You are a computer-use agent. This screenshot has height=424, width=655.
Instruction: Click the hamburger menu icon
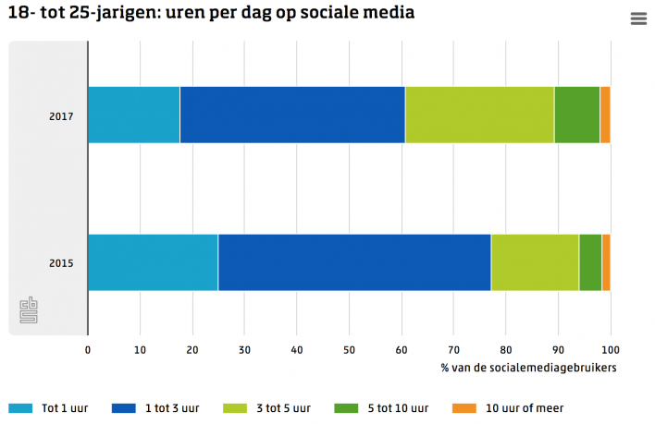click(x=637, y=18)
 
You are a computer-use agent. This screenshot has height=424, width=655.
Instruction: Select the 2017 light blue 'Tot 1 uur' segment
click(x=133, y=115)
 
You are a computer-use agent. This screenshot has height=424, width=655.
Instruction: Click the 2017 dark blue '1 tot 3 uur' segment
click(x=291, y=115)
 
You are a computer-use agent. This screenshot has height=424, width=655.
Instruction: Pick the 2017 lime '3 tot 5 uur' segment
click(x=479, y=115)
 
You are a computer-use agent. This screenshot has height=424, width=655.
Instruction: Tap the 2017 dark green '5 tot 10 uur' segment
click(x=576, y=115)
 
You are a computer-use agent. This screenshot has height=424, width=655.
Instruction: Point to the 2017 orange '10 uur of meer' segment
click(x=605, y=115)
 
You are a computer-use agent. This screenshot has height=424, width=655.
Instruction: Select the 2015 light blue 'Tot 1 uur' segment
click(x=153, y=262)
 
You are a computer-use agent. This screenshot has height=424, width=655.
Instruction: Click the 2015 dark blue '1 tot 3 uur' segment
click(x=354, y=262)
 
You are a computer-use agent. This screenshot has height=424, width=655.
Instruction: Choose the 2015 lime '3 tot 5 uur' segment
click(x=535, y=262)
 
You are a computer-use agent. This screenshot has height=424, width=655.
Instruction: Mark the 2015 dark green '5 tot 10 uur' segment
click(x=590, y=262)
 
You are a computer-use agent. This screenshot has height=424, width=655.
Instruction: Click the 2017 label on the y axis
click(x=61, y=115)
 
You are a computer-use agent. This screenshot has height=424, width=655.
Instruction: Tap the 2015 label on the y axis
click(x=61, y=263)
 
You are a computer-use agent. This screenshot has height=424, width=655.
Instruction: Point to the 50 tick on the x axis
click(x=349, y=349)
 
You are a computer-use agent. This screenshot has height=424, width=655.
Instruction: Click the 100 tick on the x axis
click(x=609, y=349)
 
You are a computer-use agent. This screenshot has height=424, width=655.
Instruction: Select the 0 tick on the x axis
click(x=88, y=349)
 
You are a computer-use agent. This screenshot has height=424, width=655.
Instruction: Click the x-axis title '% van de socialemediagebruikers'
click(x=529, y=368)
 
